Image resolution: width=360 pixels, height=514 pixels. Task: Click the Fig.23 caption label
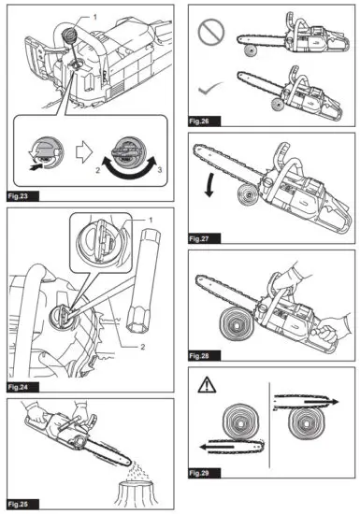click(x=21, y=195)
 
